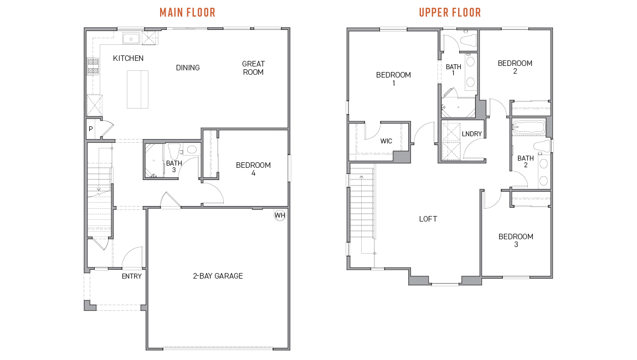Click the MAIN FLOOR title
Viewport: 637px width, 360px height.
(187, 13)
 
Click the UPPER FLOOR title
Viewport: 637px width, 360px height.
(450, 13)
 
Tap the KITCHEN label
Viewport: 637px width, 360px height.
(128, 59)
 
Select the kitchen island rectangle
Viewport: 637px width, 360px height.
(137, 89)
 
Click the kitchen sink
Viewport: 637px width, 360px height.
(131, 39)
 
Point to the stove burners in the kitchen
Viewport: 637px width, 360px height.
(93, 66)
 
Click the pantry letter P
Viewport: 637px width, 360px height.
(91, 129)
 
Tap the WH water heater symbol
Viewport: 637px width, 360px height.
(280, 215)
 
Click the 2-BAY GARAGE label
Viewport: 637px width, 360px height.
(218, 276)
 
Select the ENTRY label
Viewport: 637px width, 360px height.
(132, 276)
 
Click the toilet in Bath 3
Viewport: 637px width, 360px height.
(174, 151)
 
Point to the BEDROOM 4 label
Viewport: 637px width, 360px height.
(253, 169)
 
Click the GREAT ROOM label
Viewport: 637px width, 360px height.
(253, 68)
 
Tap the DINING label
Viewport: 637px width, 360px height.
(188, 68)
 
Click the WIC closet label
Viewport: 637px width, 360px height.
(386, 141)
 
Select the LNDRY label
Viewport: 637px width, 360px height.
(471, 133)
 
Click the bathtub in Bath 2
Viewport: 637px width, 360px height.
(528, 127)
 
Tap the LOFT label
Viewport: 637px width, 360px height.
(428, 219)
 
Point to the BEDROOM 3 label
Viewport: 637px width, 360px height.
(516, 240)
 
